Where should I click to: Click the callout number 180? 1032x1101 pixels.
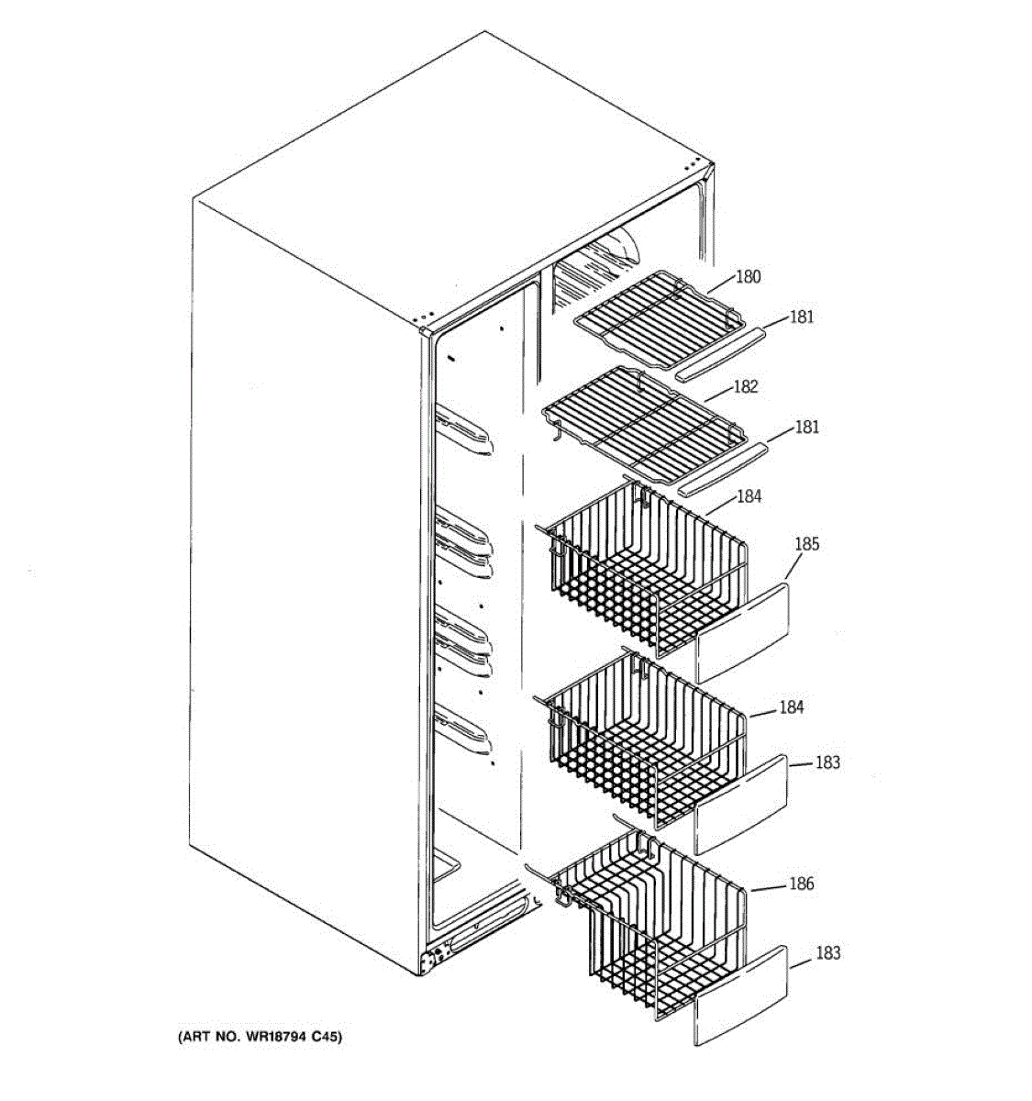749,277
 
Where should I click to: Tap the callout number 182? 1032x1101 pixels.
745,387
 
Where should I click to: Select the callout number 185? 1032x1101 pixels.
806,544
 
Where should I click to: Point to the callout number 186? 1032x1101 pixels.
801,884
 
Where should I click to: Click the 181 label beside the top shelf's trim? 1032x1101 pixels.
801,317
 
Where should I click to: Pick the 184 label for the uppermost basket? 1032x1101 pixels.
749,496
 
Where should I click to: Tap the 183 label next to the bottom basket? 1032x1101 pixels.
827,953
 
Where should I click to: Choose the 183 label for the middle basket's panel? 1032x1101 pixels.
827,762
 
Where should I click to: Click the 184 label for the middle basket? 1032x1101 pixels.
791,707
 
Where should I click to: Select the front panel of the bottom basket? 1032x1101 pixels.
741,996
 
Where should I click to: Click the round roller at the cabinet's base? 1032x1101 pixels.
427,962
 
